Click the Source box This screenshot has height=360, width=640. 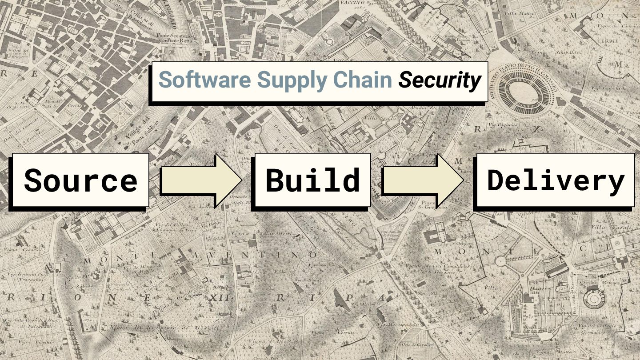80,180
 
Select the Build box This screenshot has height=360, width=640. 312,180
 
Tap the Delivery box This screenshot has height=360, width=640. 555,180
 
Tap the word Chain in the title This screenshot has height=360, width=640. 363,80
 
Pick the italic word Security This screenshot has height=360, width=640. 439,80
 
